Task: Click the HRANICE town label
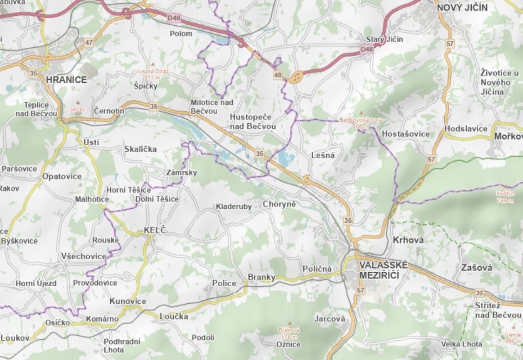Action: (x=66, y=80)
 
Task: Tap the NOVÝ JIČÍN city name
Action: (x=462, y=7)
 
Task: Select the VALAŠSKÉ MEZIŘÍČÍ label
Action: (x=383, y=270)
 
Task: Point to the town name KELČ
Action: (x=155, y=230)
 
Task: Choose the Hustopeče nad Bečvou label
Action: (x=252, y=121)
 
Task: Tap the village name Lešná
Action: (x=323, y=155)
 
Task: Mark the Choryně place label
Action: (x=279, y=204)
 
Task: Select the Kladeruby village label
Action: (x=234, y=207)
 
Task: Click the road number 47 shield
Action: (x=89, y=43)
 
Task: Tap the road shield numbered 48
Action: (x=278, y=76)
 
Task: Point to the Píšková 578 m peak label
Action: (x=289, y=333)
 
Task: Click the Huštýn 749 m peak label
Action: (x=504, y=197)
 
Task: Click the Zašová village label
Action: (x=477, y=268)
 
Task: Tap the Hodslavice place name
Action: (x=465, y=129)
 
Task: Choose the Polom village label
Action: (x=181, y=33)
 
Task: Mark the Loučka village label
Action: (x=174, y=316)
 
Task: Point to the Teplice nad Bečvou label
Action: (x=36, y=109)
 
